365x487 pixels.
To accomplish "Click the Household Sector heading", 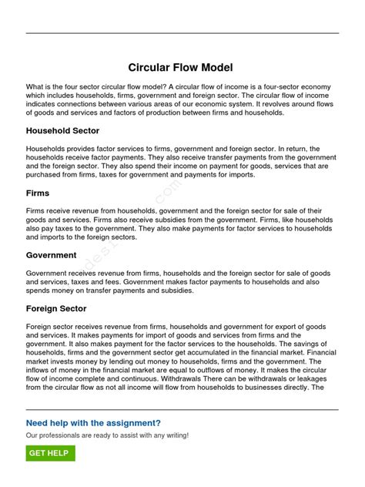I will coord(62,131).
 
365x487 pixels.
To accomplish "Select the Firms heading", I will coord(39,193).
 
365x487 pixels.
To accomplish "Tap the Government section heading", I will coord(51,255).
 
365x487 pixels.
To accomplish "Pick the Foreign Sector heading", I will coord(56,308).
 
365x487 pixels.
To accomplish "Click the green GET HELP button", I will coord(50,453).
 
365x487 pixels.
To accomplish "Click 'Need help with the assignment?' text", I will coord(93,423).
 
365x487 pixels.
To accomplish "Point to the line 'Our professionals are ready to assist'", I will coord(107,435).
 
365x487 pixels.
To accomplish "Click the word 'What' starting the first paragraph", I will coord(35,88).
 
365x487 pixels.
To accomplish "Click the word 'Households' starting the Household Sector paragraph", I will coord(48,149).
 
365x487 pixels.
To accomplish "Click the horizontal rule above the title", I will coord(182,33).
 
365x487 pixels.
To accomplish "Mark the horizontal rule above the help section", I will coord(182,409).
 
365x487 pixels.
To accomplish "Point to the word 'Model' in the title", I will coord(216,69).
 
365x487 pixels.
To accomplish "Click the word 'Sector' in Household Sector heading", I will coord(84,131).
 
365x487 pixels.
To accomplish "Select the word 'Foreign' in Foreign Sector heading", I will coord(43,308).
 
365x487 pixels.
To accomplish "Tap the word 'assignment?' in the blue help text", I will coord(134,423).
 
